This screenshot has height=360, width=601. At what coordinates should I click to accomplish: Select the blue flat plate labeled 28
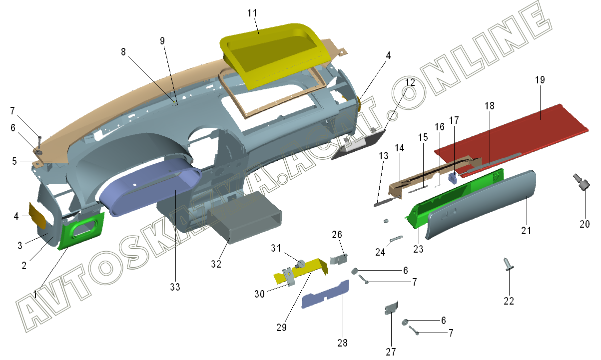pyautogui.click(x=325, y=295)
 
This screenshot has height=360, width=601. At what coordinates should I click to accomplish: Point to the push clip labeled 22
pyautogui.click(x=508, y=264)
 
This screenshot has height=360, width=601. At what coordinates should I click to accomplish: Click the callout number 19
pyautogui.click(x=540, y=80)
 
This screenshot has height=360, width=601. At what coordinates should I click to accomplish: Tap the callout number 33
pyautogui.click(x=174, y=287)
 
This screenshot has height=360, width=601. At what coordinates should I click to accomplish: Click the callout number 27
pyautogui.click(x=391, y=352)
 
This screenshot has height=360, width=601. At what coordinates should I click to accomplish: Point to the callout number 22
pyautogui.click(x=509, y=301)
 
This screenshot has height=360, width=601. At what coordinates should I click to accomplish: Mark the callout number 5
pyautogui.click(x=14, y=161)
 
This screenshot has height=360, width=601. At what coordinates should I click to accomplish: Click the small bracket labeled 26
pyautogui.click(x=340, y=259)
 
